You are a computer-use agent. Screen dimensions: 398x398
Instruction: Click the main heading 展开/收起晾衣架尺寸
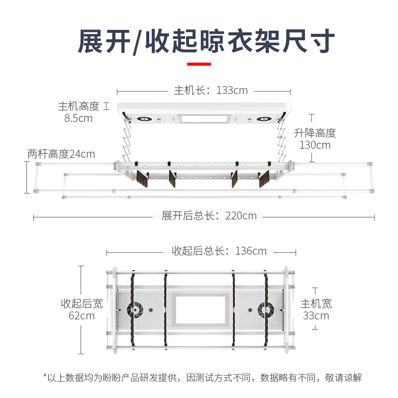click(x=206, y=41)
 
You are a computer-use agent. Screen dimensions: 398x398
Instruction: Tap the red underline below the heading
click(x=199, y=64)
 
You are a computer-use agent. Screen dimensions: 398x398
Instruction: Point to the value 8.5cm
click(x=78, y=118)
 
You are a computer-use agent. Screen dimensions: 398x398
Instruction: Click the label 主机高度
click(x=79, y=106)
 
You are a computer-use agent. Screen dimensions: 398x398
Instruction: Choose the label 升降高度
click(x=315, y=133)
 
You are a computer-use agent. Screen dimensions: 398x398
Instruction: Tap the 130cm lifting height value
click(x=315, y=145)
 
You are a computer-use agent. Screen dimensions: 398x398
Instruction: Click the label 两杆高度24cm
click(x=61, y=154)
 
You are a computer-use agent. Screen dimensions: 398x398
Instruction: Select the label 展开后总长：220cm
click(x=209, y=216)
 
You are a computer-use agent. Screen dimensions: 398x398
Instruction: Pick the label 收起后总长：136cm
click(x=219, y=251)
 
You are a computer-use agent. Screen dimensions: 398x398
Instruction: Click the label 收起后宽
click(x=82, y=303)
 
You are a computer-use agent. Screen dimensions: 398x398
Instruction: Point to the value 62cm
click(x=82, y=316)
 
